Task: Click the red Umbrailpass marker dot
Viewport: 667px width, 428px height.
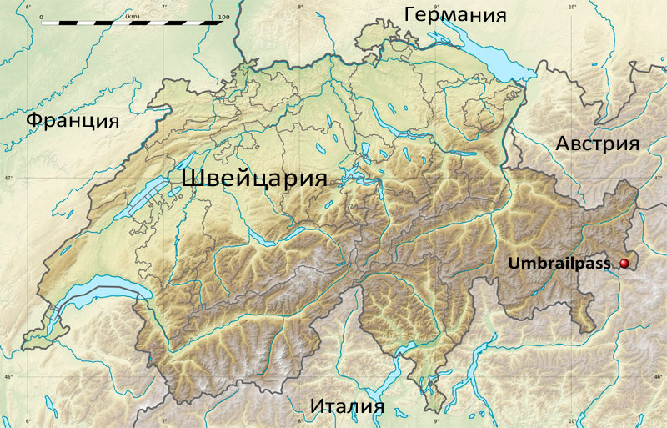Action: pos(624,264)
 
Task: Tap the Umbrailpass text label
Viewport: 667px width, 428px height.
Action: pos(561,264)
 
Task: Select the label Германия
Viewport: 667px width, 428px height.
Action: pos(455,15)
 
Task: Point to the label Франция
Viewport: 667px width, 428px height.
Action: pos(72,120)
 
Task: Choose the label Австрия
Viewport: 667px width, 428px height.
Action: pos(597,144)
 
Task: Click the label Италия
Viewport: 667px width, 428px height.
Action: pos(347,406)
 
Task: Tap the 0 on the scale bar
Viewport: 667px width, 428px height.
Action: pos(40,16)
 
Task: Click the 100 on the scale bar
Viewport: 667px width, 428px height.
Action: pos(223,16)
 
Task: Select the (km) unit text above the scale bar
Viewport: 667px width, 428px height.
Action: pos(132,15)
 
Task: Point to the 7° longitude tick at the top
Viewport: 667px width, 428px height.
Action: pos(163,7)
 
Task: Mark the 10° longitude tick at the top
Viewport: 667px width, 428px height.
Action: pos(572,7)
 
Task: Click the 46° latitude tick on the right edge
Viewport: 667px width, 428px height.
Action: pos(659,377)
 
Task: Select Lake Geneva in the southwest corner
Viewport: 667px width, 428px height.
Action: pos(79,292)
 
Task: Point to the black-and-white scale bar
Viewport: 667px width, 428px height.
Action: pos(132,23)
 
